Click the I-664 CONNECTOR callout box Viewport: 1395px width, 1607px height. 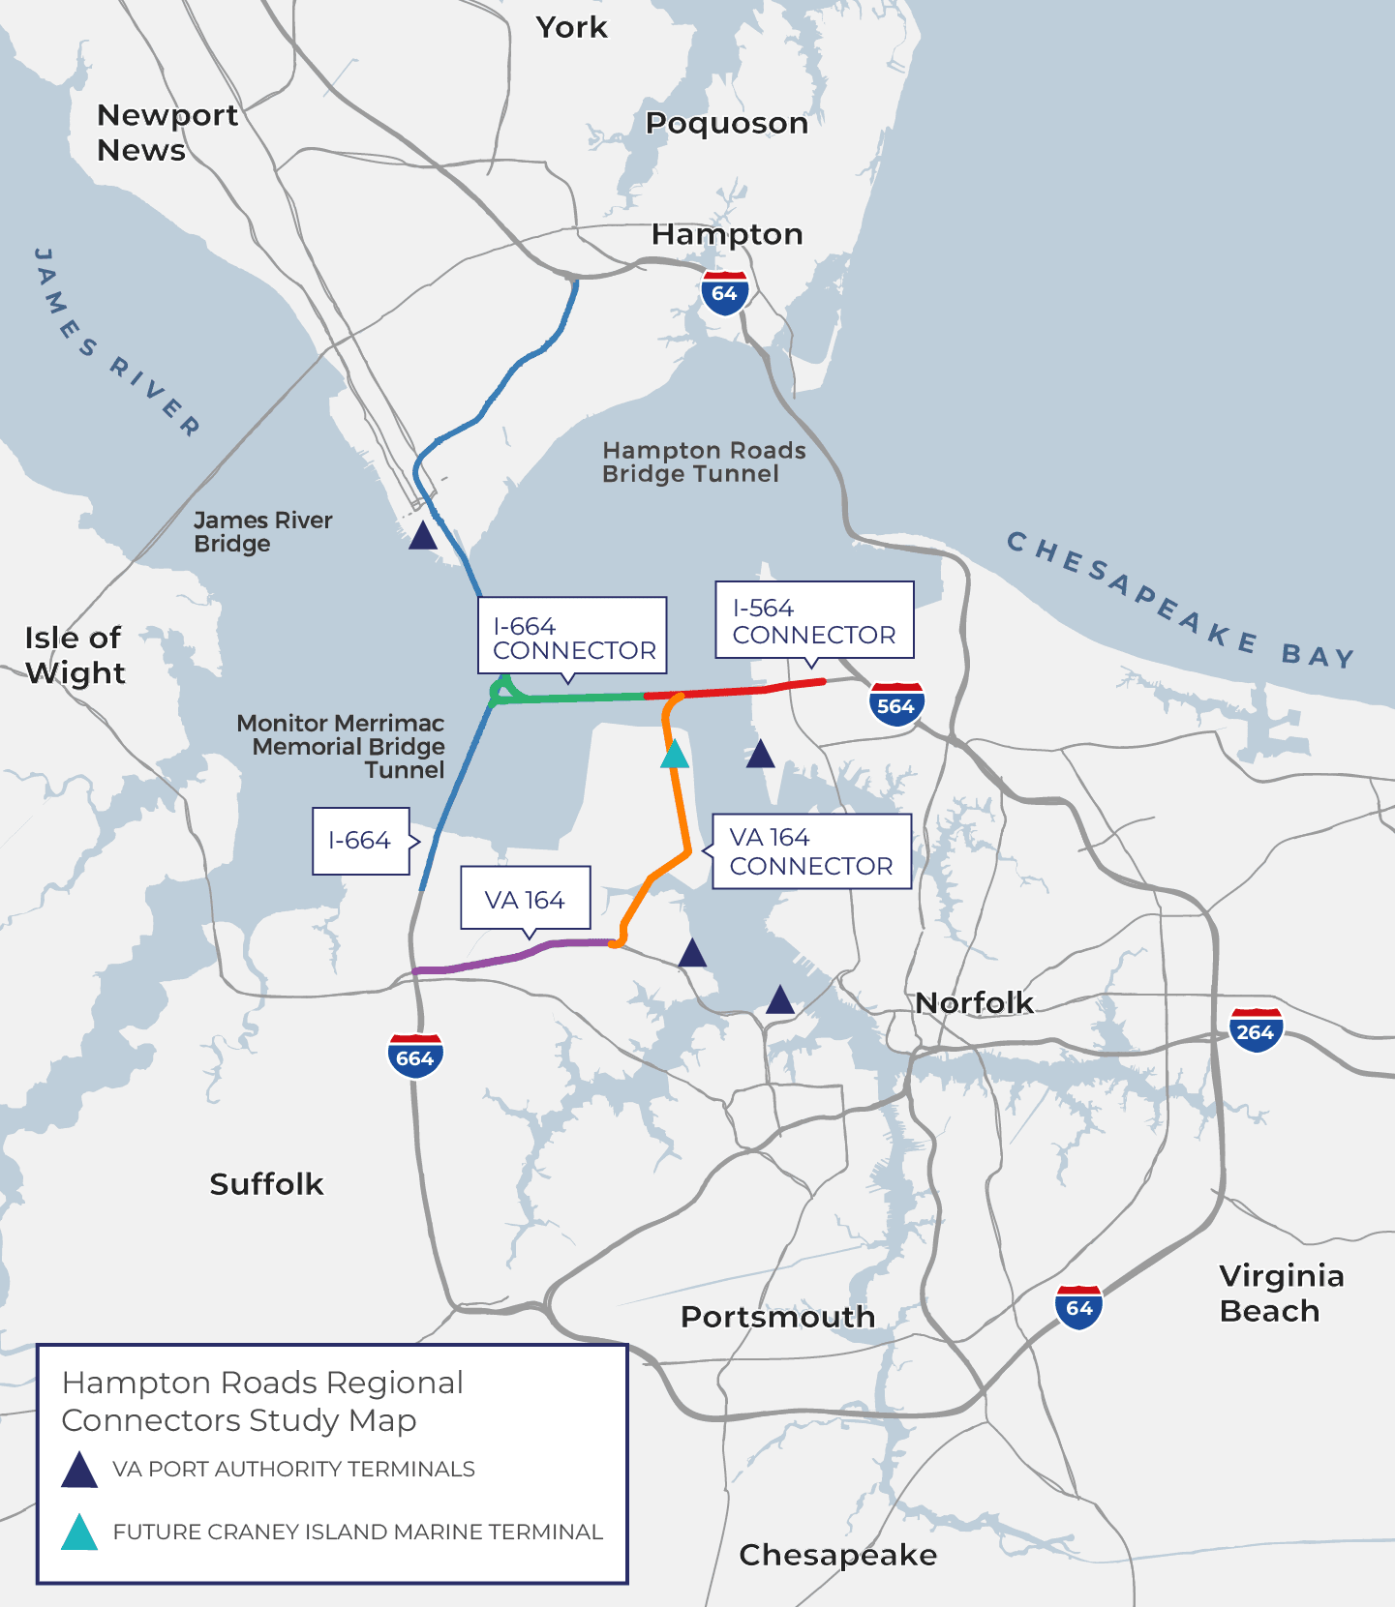(x=572, y=636)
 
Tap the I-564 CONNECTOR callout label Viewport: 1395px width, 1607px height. (x=814, y=620)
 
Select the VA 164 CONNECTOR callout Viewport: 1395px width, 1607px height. (x=811, y=850)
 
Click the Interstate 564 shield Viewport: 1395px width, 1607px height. (x=895, y=704)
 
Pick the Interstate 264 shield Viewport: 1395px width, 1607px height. (x=1256, y=1030)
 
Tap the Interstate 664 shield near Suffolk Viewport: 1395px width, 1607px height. (x=415, y=1056)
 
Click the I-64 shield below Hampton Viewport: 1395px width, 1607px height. (x=724, y=293)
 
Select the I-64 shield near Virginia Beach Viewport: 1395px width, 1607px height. (x=1078, y=1307)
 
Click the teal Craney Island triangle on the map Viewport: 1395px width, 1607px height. (x=675, y=755)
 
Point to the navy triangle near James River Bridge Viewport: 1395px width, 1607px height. (x=423, y=536)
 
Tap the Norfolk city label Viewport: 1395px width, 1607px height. (x=974, y=1002)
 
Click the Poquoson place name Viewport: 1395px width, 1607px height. (x=726, y=123)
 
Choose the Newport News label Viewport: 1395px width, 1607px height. (x=167, y=133)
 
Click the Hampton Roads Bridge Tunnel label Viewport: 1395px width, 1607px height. (x=703, y=462)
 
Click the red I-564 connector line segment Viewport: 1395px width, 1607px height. (x=736, y=691)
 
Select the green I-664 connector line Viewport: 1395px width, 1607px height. (x=571, y=697)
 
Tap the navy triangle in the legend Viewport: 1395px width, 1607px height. (x=79, y=1470)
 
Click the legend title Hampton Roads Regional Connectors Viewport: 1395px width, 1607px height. (x=262, y=1400)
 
